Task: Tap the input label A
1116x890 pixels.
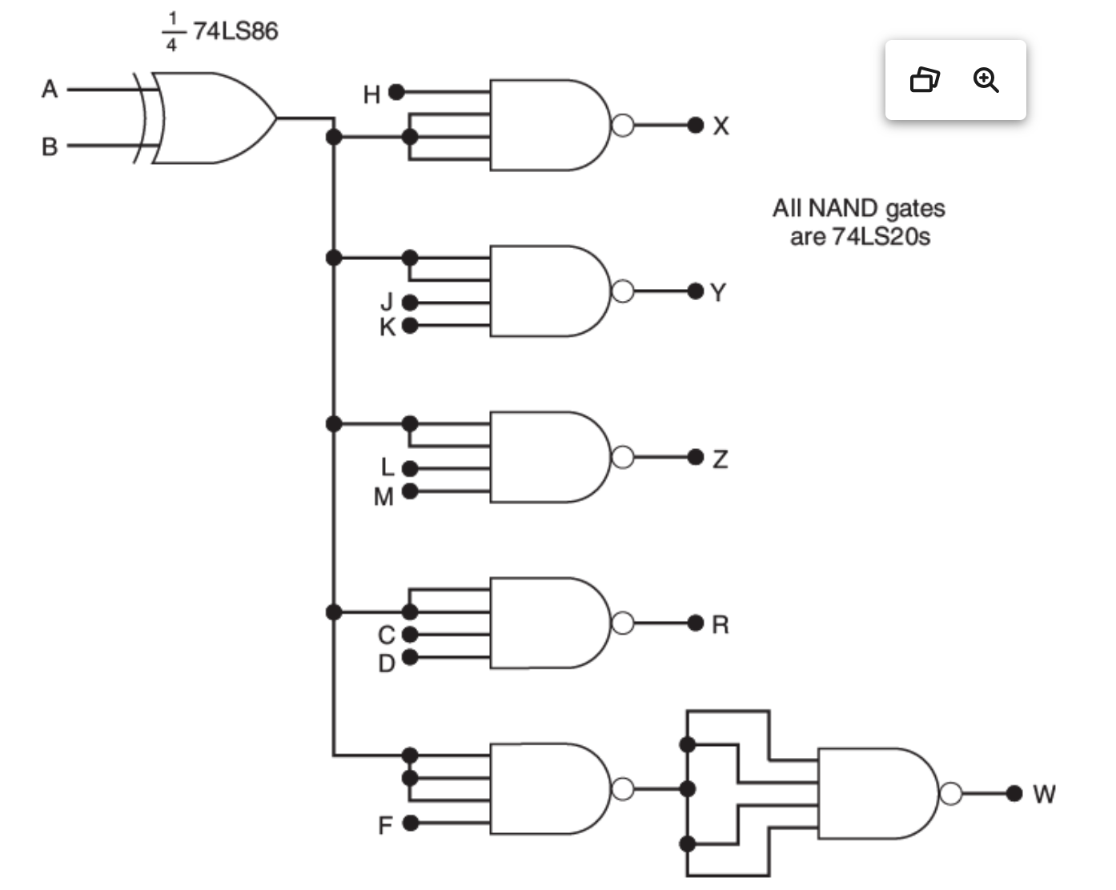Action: pos(50,89)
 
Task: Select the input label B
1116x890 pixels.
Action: pos(50,147)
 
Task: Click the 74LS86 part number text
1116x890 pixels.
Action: pos(235,31)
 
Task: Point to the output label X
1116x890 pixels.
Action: pos(721,126)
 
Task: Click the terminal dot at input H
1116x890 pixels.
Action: pos(396,93)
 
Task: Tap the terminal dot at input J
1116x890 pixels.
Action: pos(410,303)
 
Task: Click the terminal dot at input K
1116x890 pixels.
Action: pos(410,326)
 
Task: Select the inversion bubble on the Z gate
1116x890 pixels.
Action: pos(623,457)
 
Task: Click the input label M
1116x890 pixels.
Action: pos(383,497)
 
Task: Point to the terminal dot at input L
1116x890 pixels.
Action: pos(410,468)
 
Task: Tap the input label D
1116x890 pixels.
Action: pos(387,663)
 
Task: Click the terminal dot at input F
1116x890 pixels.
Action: pos(410,823)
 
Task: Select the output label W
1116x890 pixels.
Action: pos(1044,794)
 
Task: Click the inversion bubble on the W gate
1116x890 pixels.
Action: pos(950,793)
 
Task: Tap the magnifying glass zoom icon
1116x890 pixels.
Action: pos(986,80)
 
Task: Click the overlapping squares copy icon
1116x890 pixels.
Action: pos(925,80)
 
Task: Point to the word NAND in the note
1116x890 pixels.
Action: pos(843,209)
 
